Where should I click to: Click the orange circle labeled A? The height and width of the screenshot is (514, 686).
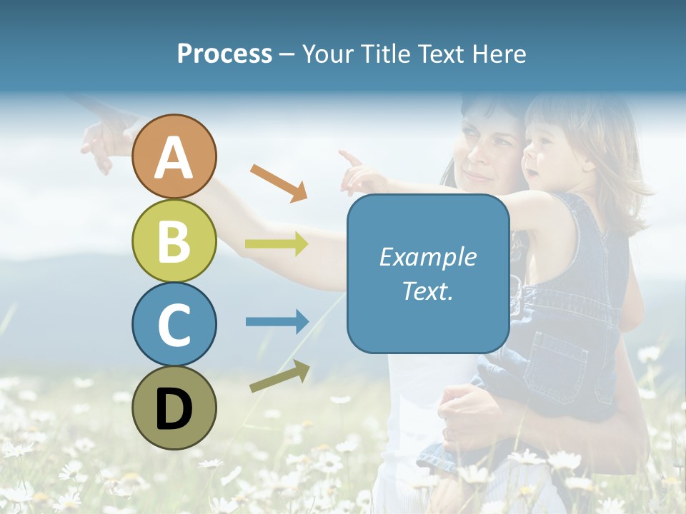(x=174, y=156)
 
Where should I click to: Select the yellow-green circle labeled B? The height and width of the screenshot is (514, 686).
(x=174, y=241)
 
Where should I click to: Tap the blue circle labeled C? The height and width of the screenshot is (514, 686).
(x=174, y=324)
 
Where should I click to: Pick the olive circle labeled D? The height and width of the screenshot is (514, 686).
(x=174, y=408)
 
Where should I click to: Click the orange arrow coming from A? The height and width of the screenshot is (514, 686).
(x=279, y=183)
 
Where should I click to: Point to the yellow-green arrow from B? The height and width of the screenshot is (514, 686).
(x=277, y=244)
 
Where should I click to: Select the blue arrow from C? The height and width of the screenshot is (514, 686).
(x=277, y=322)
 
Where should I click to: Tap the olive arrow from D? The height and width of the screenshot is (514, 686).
(x=280, y=376)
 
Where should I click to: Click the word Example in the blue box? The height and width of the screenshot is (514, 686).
(x=427, y=257)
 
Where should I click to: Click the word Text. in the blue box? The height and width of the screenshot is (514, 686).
(x=427, y=291)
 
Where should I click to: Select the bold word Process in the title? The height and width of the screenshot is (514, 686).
(x=224, y=54)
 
